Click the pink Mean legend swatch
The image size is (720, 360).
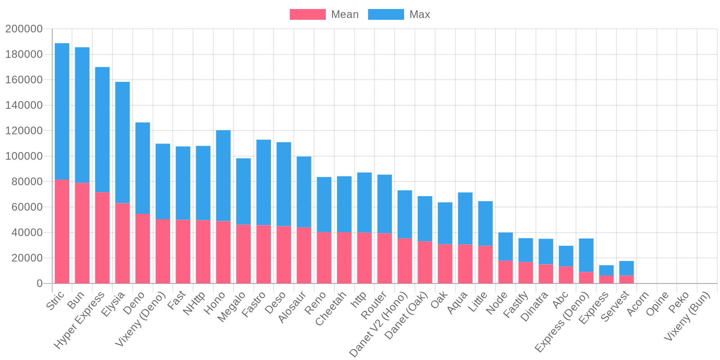[307, 14]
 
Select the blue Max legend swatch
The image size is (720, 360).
[386, 14]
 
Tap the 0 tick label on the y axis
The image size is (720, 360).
[40, 284]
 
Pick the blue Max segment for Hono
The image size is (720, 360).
[223, 175]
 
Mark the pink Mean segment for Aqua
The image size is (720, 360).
[465, 264]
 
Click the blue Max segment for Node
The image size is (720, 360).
[505, 247]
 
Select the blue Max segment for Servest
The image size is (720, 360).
[626, 268]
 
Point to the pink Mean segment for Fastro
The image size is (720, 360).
[264, 254]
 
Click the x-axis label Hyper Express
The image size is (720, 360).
[80, 319]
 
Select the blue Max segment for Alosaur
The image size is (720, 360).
[304, 192]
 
